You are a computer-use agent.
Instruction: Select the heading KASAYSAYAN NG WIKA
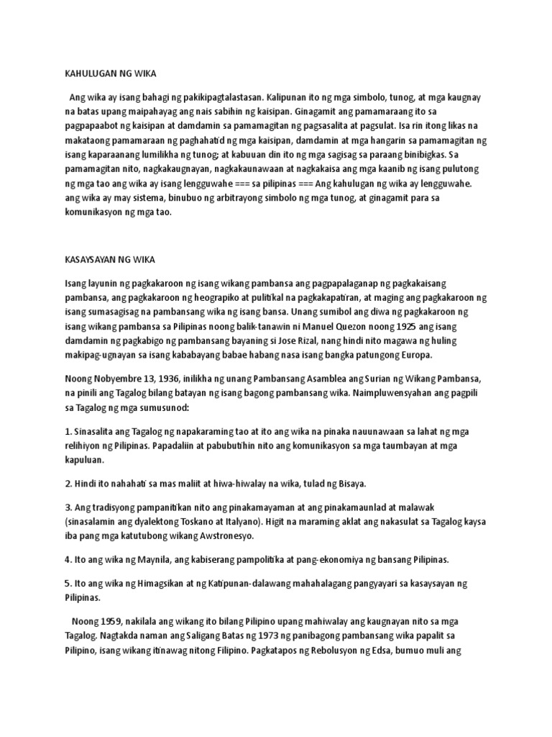(110, 258)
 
